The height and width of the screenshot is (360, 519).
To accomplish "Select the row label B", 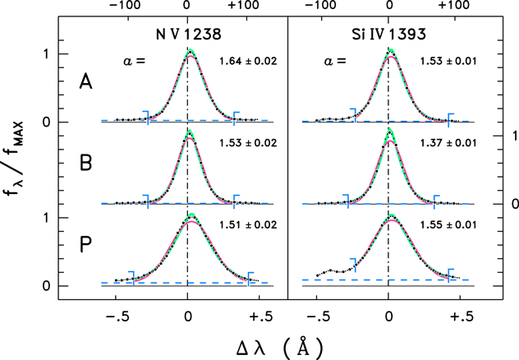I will tap(86, 161).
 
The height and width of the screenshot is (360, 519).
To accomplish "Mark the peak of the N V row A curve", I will tap(190, 51).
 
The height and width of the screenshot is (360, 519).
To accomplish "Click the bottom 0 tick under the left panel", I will tap(187, 316).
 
